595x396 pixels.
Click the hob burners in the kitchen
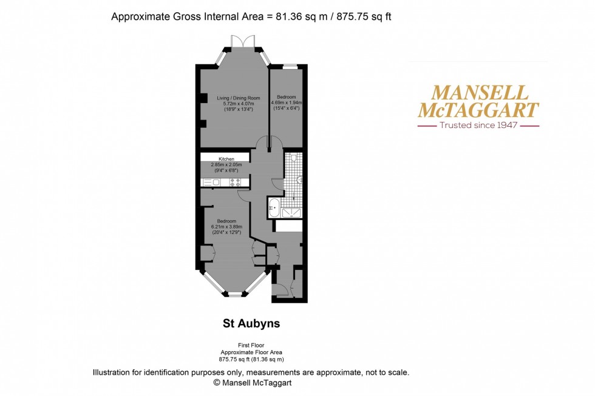point(235,182)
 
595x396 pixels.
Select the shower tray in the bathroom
point(293,212)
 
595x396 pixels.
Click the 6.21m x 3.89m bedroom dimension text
point(223,226)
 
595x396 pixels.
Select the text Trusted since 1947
point(478,126)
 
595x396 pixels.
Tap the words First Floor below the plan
point(251,344)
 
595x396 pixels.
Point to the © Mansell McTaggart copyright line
point(251,383)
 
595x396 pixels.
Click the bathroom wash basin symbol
point(300,181)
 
